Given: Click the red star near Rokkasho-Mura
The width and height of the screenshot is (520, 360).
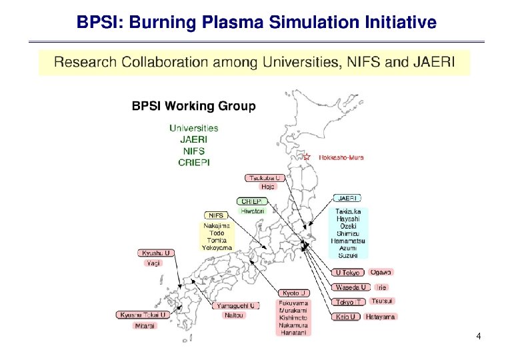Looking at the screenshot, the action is click(307, 157).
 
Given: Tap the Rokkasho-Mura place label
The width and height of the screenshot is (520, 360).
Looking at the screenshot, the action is click(340, 158).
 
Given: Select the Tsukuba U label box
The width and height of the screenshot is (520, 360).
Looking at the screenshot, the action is click(265, 178).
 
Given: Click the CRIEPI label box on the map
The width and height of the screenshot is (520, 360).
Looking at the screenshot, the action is click(252, 201).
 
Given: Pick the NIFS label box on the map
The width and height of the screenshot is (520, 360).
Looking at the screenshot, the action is click(216, 215).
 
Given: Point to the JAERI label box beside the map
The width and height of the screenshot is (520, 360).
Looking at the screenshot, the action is click(347, 198).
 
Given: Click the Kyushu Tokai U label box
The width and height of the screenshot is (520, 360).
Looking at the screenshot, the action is click(143, 315).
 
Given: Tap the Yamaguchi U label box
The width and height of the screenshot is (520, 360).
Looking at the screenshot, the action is click(235, 305).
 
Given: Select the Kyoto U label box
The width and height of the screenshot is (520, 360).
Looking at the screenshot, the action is click(294, 293).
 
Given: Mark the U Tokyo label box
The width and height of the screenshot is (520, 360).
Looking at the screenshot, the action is click(347, 273).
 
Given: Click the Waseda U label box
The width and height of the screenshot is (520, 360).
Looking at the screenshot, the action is click(350, 287).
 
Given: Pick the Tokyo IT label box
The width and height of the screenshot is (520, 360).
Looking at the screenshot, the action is click(349, 302).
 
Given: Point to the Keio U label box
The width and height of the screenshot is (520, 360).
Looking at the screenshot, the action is click(345, 317).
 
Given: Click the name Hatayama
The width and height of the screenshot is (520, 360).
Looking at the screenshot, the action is click(380, 317).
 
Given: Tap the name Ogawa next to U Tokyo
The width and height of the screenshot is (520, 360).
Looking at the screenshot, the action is click(381, 272).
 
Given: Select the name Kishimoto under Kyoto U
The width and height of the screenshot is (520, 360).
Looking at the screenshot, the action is click(294, 317).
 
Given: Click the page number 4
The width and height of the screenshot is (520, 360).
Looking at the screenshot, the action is click(479, 336).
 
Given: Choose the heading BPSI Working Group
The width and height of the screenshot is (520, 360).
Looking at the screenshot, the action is click(193, 105).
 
